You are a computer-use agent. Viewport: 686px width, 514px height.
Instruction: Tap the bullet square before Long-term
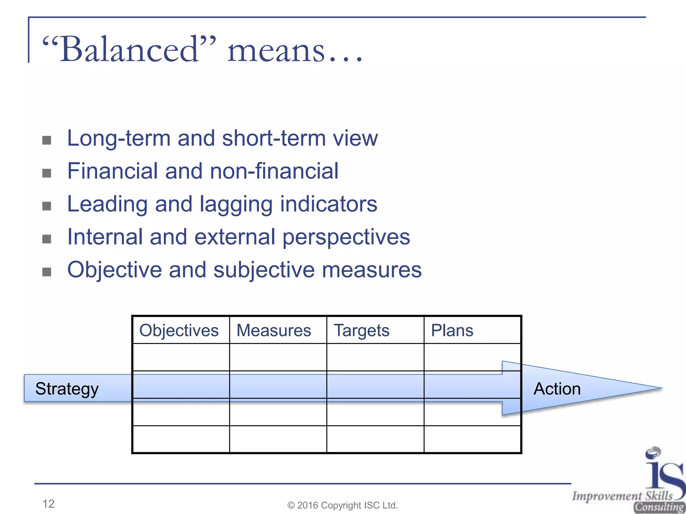point(47,140)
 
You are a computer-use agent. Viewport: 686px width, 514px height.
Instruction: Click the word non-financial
point(274,171)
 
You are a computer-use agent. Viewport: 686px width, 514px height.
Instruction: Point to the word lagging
point(236,204)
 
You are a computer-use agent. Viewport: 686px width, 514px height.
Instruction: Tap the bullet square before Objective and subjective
point(47,272)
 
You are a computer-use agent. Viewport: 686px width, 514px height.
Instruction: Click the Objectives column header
point(179,331)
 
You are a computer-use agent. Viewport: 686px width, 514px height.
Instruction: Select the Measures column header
point(274,331)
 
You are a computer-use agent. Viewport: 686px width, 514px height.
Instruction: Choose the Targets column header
point(361,331)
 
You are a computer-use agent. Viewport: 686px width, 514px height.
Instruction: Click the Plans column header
point(452,331)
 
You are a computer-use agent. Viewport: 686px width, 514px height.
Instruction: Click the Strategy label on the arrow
point(67,389)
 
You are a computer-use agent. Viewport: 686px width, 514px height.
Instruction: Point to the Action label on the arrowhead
point(557,389)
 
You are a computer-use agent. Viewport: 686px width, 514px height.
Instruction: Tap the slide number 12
point(49,504)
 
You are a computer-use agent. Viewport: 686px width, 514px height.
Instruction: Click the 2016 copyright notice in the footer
point(343,505)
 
